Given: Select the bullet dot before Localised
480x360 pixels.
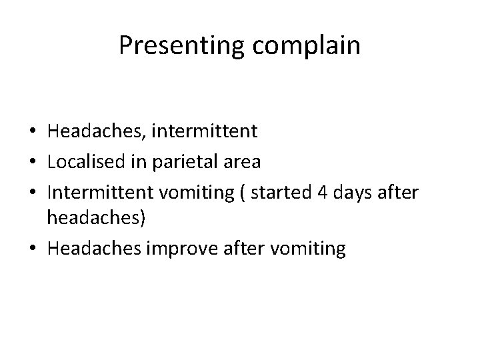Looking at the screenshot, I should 33,161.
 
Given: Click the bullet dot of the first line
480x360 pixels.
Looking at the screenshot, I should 33,131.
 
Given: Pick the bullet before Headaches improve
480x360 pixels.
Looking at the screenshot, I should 33,249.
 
